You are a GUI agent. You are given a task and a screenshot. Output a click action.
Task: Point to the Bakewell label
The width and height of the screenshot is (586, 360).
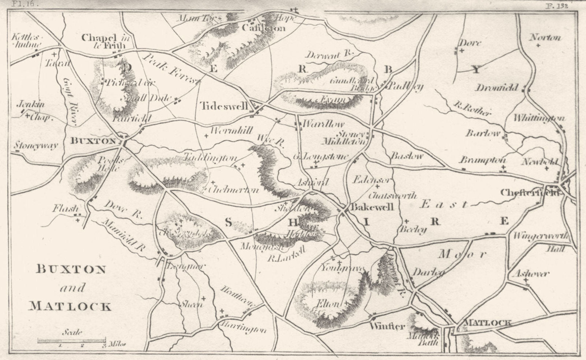click(372, 207)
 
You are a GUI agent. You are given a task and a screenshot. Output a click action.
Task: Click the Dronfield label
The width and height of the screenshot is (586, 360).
click(497, 88)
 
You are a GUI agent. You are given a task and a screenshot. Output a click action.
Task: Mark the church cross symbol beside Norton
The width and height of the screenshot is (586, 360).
click(538, 45)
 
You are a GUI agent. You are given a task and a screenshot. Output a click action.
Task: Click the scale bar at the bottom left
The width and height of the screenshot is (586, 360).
click(71, 341)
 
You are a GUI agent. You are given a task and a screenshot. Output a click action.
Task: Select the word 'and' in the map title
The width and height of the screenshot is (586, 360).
click(71, 288)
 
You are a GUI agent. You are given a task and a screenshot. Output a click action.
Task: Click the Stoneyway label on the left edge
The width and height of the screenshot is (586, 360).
click(36, 146)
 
